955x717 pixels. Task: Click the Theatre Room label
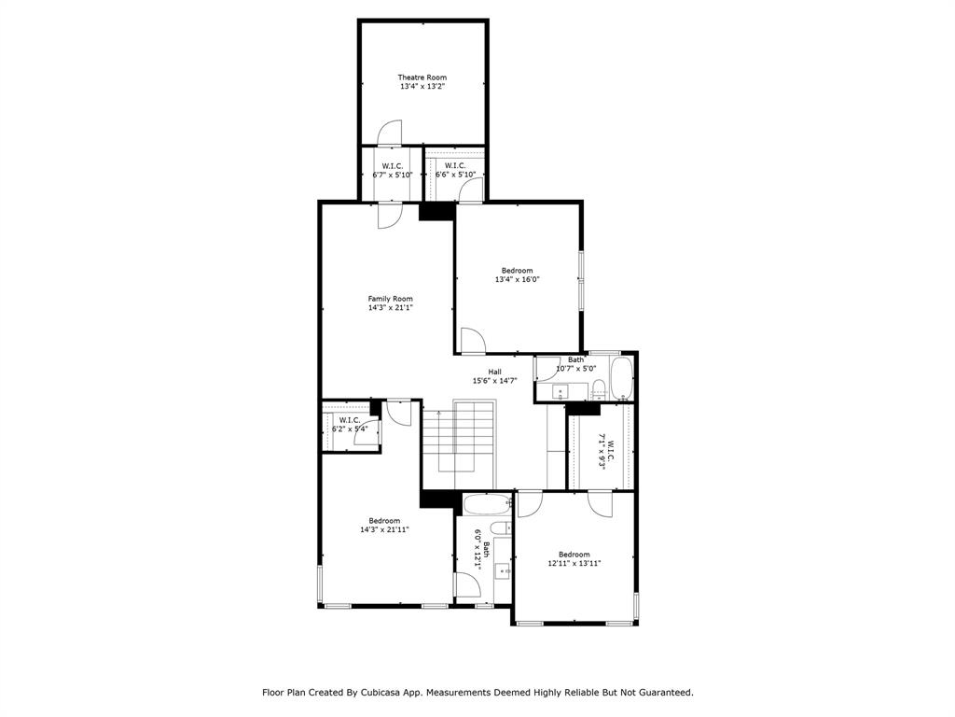[x=422, y=77]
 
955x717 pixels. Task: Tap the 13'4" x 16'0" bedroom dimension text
[x=517, y=279]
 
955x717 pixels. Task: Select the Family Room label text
[x=390, y=299]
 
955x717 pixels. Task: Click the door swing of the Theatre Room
[x=389, y=134]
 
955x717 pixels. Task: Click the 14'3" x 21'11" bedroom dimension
[x=384, y=529]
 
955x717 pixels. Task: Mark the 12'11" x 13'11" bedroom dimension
[x=574, y=563]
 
